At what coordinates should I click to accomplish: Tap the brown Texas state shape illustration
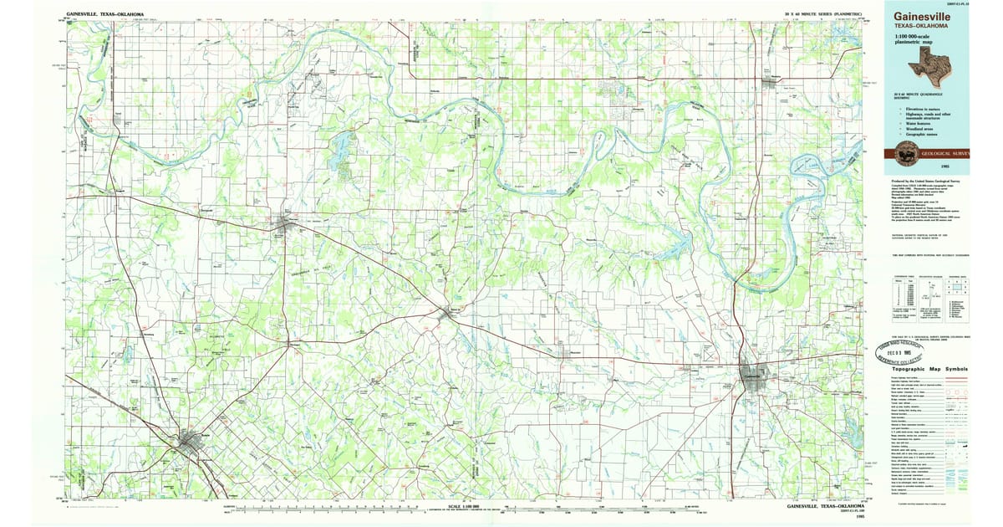(934, 62)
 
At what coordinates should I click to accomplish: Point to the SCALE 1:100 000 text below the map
(464, 506)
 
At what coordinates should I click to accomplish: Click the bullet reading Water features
(916, 122)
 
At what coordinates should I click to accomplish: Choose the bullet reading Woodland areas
(917, 128)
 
